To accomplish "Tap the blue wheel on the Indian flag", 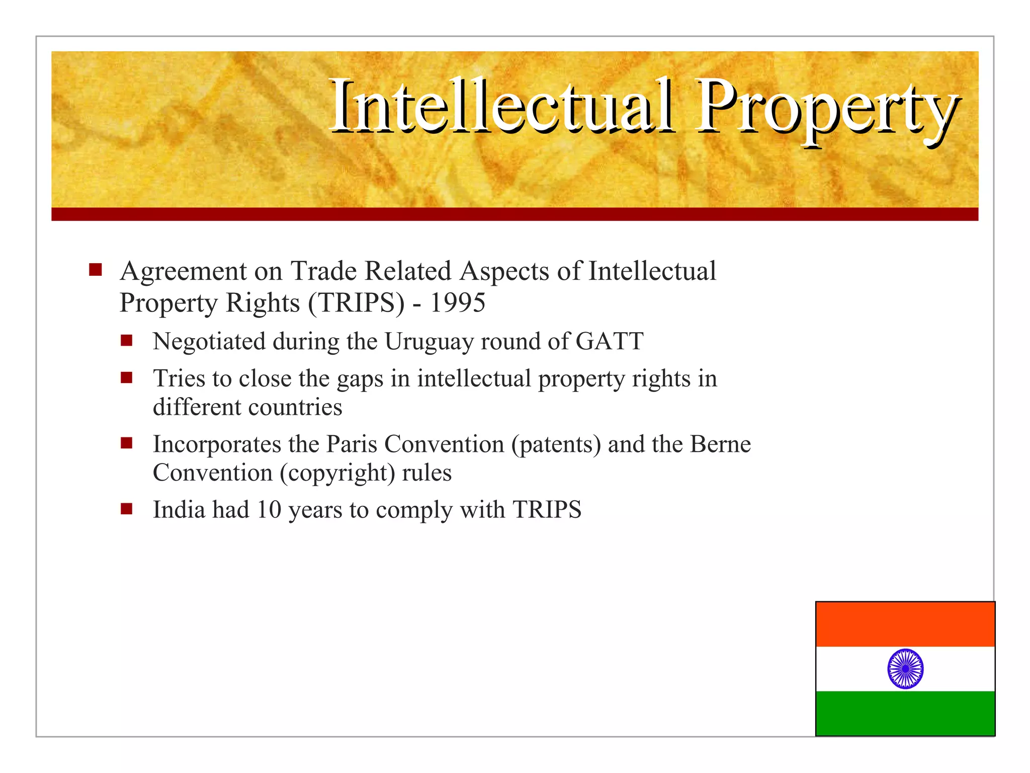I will pos(905,668).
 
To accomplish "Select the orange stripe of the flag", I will pos(905,625).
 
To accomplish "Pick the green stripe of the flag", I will pos(905,713).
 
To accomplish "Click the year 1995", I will pos(457,303).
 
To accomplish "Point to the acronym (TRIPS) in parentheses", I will pos(356,303).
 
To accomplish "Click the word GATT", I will pos(609,342).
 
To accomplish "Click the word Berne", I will pos(720,444).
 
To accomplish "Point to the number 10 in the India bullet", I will pos(269,510).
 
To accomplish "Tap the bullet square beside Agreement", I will pos(95,270).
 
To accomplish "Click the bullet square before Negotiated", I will pos(126,341).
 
